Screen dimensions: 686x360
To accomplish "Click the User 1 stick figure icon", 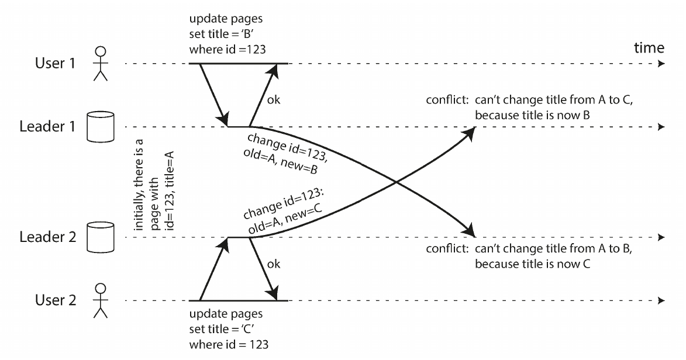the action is tap(101, 64).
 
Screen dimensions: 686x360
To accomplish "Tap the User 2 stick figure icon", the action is tap(101, 300).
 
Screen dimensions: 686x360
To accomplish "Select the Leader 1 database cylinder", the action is tap(101, 127).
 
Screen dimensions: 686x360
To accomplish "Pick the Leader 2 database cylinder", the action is tap(101, 237).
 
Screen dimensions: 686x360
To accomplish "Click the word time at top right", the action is tap(649, 47).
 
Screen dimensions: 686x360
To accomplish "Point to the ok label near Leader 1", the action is tap(274, 100).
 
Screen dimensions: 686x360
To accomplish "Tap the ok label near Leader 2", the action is tap(274, 264).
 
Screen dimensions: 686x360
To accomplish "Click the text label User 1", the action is tap(55, 64).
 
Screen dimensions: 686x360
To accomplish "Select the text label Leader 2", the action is tap(48, 237).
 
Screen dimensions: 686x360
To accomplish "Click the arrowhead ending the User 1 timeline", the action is tap(661, 64).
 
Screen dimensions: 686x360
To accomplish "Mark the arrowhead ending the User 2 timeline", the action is tap(661, 300).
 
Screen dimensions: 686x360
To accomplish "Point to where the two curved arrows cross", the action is tap(395, 182).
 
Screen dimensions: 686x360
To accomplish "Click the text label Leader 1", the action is tap(48, 126).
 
